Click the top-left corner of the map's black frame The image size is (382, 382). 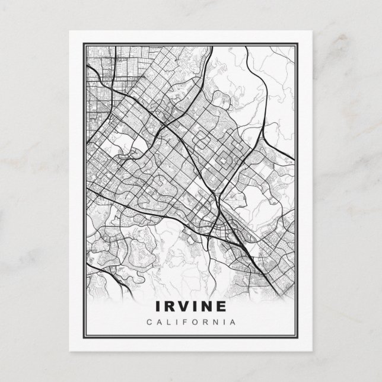coord(83,42)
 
